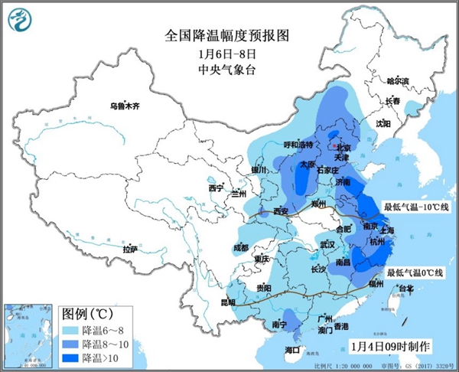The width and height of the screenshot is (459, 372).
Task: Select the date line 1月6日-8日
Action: tap(229, 54)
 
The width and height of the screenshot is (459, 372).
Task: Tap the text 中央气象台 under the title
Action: tap(229, 70)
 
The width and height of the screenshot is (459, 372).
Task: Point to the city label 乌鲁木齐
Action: tap(126, 106)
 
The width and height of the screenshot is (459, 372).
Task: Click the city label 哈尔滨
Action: tap(398, 80)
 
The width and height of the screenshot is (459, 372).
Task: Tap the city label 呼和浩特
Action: tap(299, 144)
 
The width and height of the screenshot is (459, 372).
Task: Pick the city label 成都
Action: tap(241, 247)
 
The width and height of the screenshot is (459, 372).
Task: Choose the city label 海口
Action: tap(292, 350)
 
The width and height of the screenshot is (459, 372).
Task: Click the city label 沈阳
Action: tap(382, 122)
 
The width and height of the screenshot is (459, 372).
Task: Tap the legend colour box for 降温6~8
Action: tap(70, 331)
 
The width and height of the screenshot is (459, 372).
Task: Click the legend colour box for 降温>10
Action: tap(70, 357)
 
